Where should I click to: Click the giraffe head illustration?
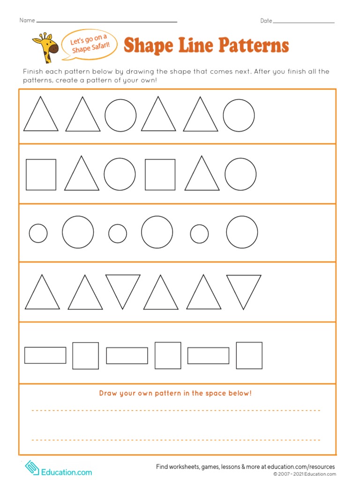pyautogui.click(x=45, y=47)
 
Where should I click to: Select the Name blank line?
pyautogui.click(x=106, y=22)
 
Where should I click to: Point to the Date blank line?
pyautogui.click(x=303, y=22)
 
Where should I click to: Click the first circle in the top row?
pyautogui.click(x=120, y=115)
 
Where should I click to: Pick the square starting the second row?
pyautogui.click(x=41, y=174)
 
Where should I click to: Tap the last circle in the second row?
pyautogui.click(x=240, y=174)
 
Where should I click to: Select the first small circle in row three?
pyautogui.click(x=38, y=233)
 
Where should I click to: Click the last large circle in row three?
pyautogui.click(x=242, y=232)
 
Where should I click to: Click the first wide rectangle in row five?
pyautogui.click(x=45, y=355)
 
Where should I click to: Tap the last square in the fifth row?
pyautogui.click(x=249, y=355)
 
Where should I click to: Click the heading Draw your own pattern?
pyautogui.click(x=175, y=393)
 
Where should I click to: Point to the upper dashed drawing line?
pyautogui.click(x=176, y=410)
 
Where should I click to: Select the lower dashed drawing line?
pyautogui.click(x=176, y=440)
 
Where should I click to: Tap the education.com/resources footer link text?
pyautogui.click(x=296, y=467)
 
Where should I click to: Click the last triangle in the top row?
pyautogui.click(x=201, y=115)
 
